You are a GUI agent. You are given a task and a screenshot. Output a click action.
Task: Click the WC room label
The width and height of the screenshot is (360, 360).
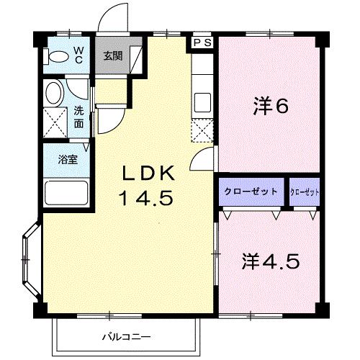78,55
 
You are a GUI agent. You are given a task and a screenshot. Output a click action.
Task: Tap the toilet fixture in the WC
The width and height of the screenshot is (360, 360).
56,57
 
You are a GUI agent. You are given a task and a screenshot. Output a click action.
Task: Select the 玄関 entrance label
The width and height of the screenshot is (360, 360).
111,55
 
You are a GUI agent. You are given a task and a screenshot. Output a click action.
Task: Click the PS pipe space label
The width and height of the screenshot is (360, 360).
202,43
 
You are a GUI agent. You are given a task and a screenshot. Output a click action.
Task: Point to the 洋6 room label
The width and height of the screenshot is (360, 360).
270,107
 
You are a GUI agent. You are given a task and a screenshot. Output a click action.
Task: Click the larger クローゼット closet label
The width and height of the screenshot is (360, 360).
251,192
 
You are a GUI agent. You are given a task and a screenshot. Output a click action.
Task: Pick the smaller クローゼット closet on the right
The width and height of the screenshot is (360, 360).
304,192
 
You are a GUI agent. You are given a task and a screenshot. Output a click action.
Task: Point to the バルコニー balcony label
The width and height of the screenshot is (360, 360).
125,336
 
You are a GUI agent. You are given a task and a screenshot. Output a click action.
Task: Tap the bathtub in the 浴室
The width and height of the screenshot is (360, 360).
66,194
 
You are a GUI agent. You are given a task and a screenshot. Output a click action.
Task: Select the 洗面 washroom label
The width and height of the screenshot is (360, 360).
78,117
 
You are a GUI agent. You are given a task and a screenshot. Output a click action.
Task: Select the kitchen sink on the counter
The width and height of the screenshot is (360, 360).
202,102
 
